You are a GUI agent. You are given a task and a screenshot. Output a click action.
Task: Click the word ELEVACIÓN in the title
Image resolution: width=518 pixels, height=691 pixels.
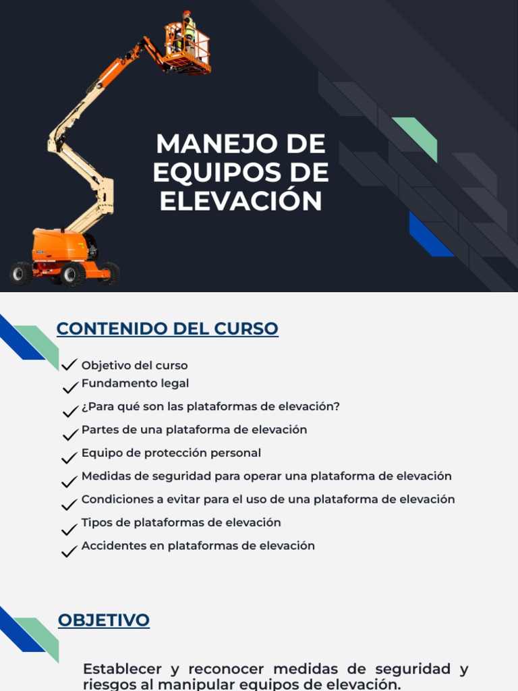(x=241, y=201)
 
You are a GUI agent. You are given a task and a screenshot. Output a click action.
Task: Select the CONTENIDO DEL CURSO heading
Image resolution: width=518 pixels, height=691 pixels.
(x=167, y=329)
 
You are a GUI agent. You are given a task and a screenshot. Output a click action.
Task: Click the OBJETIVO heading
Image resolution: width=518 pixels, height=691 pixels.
(x=104, y=620)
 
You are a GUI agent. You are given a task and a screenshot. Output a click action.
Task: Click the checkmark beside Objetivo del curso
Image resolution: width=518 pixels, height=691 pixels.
(x=69, y=365)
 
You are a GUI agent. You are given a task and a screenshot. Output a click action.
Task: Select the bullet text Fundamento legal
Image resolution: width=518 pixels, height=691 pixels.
(x=135, y=383)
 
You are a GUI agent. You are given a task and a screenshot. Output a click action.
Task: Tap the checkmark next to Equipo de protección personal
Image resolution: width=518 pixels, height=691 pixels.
(x=69, y=458)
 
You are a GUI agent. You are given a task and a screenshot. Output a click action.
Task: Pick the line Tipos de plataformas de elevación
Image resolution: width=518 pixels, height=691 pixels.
(x=181, y=522)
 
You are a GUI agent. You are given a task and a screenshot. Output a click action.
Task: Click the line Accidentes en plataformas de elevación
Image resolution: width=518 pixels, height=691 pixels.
(x=198, y=545)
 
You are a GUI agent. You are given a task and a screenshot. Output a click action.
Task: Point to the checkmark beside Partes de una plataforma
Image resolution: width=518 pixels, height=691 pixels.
(x=69, y=435)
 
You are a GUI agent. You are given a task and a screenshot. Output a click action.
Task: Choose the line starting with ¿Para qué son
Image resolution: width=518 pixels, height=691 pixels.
(x=210, y=406)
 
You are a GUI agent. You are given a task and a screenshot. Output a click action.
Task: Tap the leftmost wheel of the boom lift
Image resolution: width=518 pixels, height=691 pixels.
(x=21, y=273)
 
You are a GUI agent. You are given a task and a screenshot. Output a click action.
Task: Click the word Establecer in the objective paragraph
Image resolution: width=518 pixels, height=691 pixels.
(x=122, y=669)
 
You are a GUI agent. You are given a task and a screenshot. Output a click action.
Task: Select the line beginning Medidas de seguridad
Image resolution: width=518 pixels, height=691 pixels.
(x=266, y=476)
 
